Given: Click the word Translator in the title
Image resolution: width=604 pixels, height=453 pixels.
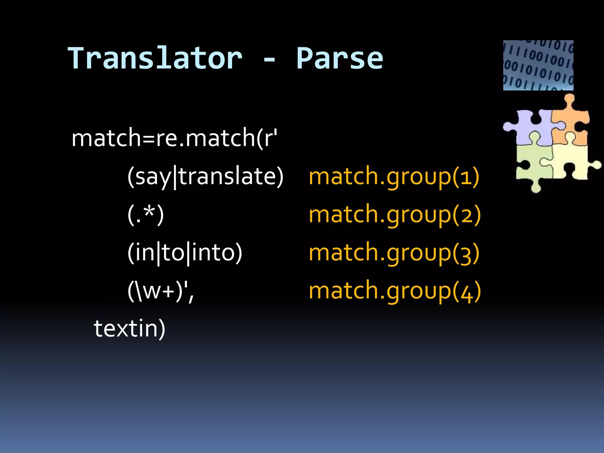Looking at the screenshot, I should [155, 58].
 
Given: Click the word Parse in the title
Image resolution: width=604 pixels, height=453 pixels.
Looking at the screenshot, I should [339, 58].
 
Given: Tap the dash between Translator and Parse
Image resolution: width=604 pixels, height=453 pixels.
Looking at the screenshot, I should [269, 60].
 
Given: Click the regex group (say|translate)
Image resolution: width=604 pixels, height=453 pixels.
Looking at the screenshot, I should [205, 176].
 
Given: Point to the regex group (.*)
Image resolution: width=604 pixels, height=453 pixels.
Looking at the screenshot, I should [145, 214].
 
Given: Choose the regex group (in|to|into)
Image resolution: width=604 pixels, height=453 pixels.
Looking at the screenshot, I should [185, 252].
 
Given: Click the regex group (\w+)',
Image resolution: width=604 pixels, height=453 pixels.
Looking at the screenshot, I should [161, 291].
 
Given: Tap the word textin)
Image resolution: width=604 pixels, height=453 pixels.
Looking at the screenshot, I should [129, 328].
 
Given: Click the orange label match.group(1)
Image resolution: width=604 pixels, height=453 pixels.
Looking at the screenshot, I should [394, 176].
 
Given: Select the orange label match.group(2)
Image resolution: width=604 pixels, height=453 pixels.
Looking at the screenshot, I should [395, 214].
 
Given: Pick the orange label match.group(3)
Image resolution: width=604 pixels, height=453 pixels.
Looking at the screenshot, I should [394, 252].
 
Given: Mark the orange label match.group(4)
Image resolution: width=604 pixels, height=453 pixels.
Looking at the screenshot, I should [395, 291].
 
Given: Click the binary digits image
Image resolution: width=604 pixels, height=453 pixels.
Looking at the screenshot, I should [538, 65].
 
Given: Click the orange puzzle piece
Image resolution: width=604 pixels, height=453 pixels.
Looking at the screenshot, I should [569, 124].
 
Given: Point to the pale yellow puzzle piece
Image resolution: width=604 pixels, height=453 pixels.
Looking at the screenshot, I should [571, 162].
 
